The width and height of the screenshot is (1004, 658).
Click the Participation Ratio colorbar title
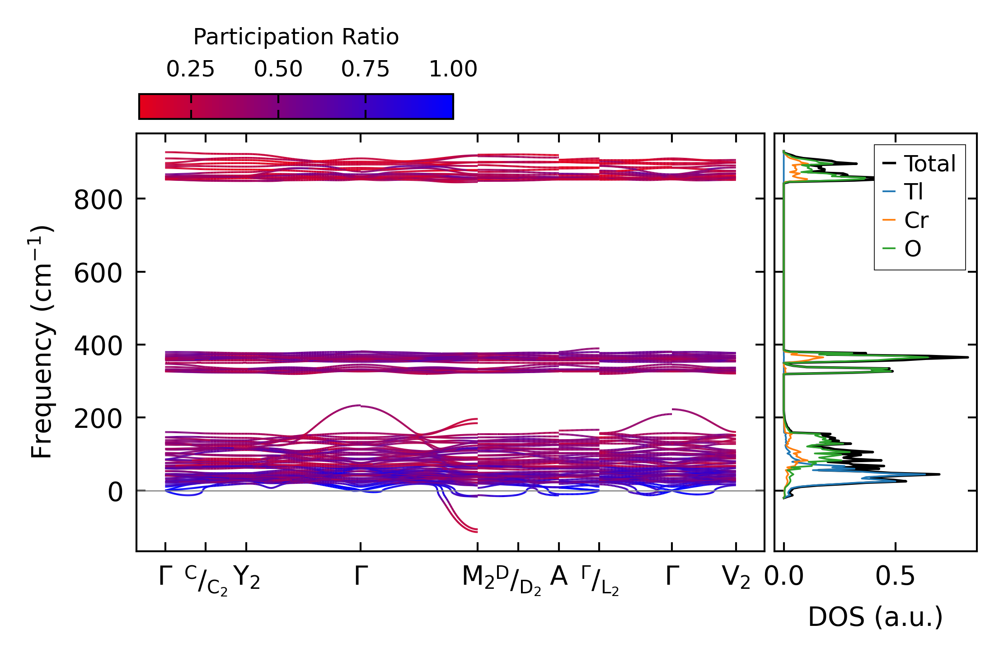(x=296, y=37)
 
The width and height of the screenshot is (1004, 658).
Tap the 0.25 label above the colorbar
(x=190, y=70)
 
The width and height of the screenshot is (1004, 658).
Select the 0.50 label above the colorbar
(x=278, y=70)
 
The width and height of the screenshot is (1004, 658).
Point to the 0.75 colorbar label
(x=365, y=70)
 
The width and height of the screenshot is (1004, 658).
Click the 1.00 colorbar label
(x=453, y=70)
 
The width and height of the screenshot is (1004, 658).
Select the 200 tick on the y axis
(x=98, y=419)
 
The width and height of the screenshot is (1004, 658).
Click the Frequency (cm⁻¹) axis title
(x=42, y=342)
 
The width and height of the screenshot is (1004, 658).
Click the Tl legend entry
(x=913, y=192)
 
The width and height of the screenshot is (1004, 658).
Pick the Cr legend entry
(x=916, y=220)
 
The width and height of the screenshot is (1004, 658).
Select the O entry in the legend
(x=912, y=249)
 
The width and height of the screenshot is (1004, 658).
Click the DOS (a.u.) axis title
(x=875, y=617)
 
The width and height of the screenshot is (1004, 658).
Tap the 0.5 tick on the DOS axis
(x=895, y=577)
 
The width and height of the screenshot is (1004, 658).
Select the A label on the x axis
(x=558, y=577)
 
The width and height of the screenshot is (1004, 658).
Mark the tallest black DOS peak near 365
(x=967, y=357)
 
